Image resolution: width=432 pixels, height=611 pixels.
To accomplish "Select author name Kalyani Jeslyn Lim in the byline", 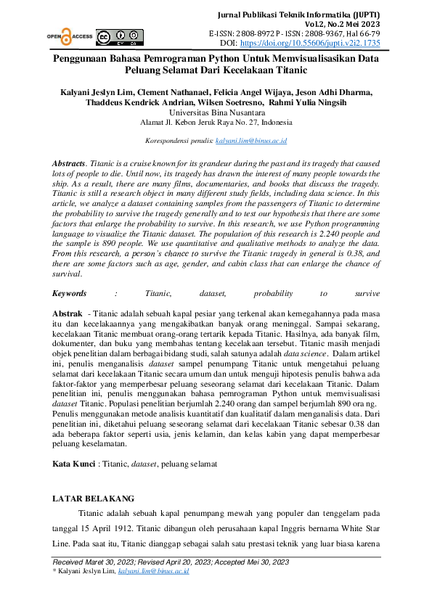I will tap(94, 92).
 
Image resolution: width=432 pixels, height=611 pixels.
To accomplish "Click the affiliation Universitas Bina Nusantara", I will tap(216, 113).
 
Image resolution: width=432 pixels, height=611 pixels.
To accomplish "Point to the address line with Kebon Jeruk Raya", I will tap(216, 123).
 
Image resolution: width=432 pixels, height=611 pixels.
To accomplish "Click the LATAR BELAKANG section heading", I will tap(94, 499).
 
